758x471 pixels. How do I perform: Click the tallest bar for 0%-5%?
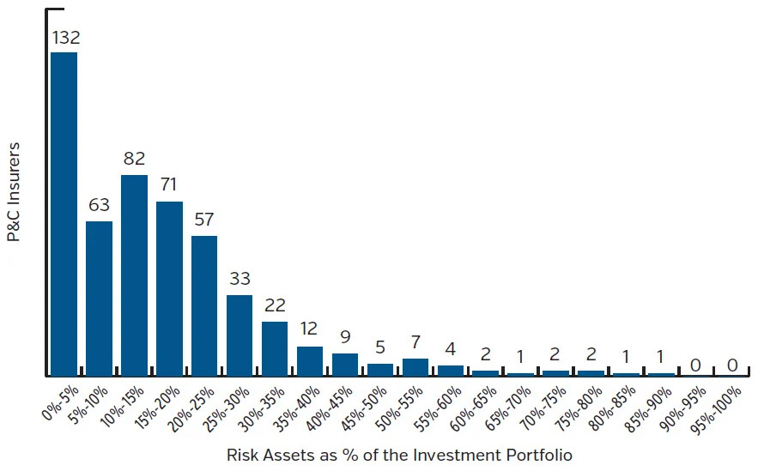(64, 214)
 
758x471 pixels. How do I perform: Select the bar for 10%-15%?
(134, 275)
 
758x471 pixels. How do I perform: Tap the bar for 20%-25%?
(204, 305)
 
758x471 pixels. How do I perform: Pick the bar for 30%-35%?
(275, 348)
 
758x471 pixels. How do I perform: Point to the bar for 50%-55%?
(415, 367)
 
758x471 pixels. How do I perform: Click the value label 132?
(64, 37)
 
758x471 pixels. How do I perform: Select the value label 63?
(100, 206)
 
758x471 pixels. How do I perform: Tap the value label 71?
(169, 185)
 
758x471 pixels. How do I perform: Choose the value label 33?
(240, 279)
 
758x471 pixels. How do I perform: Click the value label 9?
(345, 337)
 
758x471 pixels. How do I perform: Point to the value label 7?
(415, 342)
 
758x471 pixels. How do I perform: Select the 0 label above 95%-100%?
(732, 365)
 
